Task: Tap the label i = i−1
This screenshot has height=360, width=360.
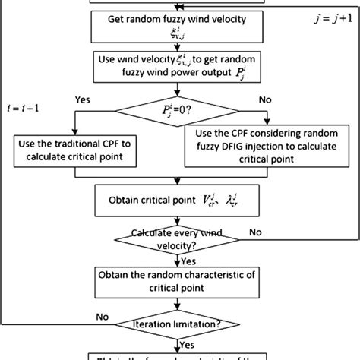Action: pyautogui.click(x=23, y=109)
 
